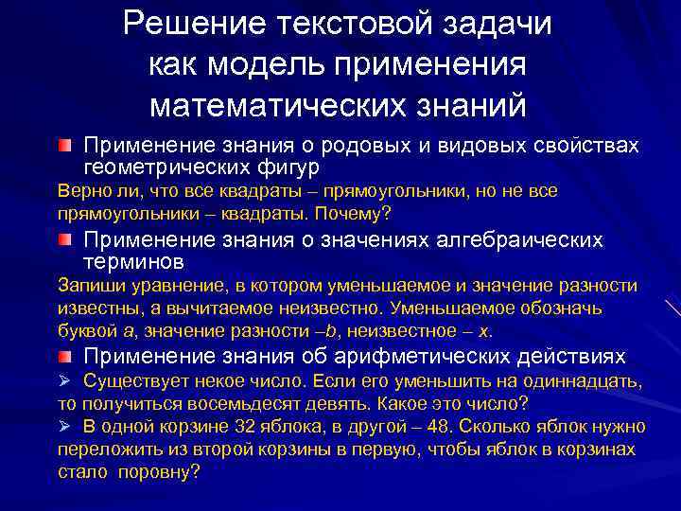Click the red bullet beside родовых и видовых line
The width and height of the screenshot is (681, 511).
coord(62,146)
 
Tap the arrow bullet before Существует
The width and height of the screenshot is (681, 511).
coord(64,381)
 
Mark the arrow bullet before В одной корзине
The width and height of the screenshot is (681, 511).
coord(64,427)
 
